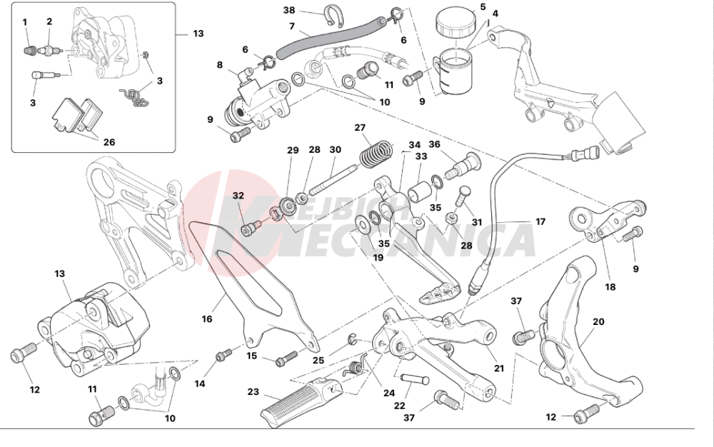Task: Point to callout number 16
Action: [x=206, y=318]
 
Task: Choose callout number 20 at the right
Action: [x=598, y=322]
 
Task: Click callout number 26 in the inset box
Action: [x=109, y=142]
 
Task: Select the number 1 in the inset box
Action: [x=25, y=22]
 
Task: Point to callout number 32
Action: [x=238, y=196]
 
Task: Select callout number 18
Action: [x=610, y=287]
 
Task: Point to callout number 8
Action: [x=219, y=65]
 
